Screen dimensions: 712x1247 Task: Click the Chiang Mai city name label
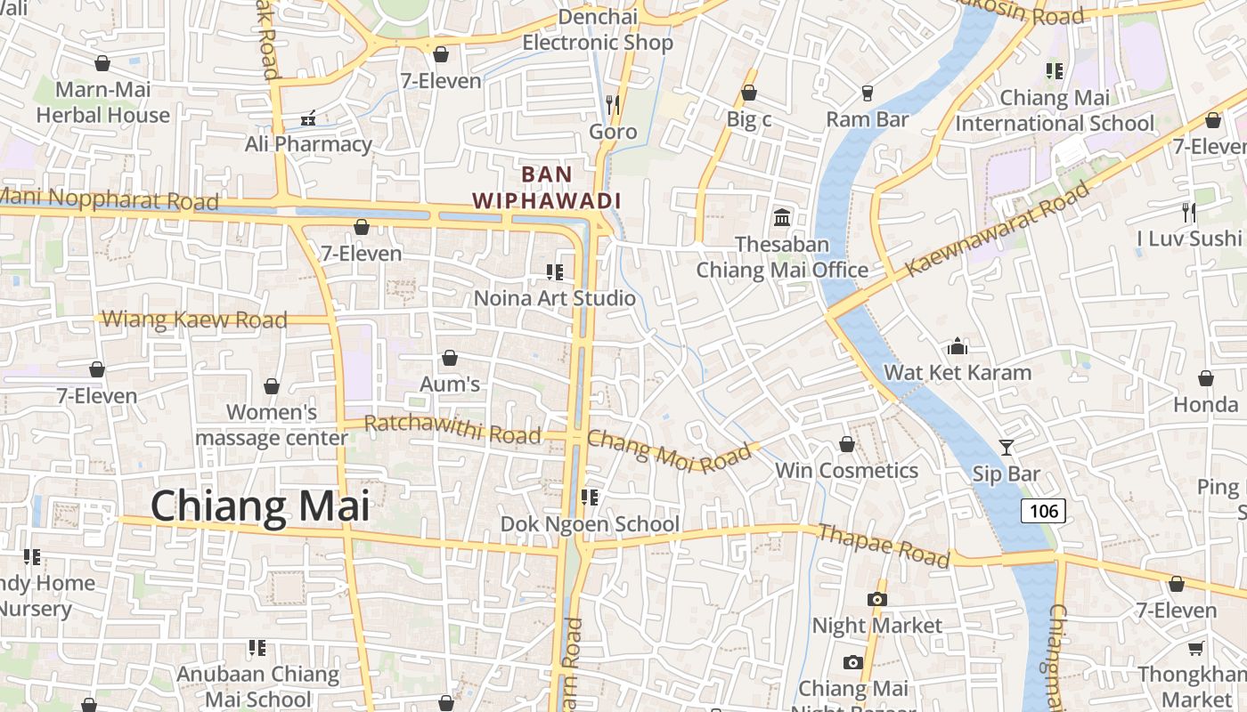pos(259,506)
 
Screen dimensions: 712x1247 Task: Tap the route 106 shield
pos(1042,510)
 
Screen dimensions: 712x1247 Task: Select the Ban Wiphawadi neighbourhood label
pos(546,187)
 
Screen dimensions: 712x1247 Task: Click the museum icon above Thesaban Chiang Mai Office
pos(782,216)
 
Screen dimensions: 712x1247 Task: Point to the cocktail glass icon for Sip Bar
pos(1007,447)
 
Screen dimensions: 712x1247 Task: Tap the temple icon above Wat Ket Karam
pos(958,345)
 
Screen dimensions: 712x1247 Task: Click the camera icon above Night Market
pos(876,599)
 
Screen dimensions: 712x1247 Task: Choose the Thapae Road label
pos(883,545)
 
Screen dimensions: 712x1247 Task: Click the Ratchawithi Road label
pos(452,429)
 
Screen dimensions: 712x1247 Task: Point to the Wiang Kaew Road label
pos(194,319)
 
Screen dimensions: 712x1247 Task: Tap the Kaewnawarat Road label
pos(997,229)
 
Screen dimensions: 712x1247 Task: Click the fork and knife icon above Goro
pos(612,104)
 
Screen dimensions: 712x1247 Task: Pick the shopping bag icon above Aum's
pos(450,358)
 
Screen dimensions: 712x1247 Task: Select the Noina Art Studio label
pos(554,298)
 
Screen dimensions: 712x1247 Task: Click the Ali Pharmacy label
pos(308,143)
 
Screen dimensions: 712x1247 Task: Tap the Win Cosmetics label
pos(846,470)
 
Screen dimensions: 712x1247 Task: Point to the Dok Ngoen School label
pos(590,523)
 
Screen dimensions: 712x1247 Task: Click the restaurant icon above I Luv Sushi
pos(1188,212)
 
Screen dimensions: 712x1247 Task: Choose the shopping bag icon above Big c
pos(749,93)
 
